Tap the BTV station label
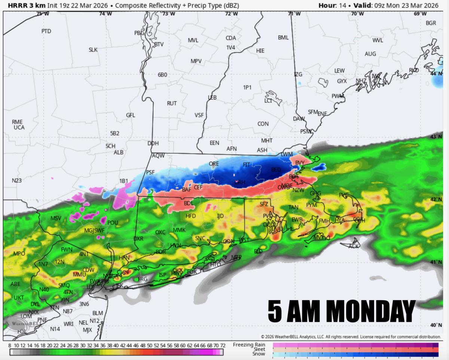pos(159,44)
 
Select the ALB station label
pos(119,153)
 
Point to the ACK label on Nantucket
pos(354,246)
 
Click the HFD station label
pos(191,216)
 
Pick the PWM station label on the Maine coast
pos(338,96)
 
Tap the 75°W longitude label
pos(43,14)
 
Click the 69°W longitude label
pos(420,14)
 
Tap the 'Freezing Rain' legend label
pos(249,344)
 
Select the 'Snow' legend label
pos(259,354)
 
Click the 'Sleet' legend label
pos(259,349)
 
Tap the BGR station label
pos(431,23)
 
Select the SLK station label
pos(93,50)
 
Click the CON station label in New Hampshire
pos(263,124)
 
